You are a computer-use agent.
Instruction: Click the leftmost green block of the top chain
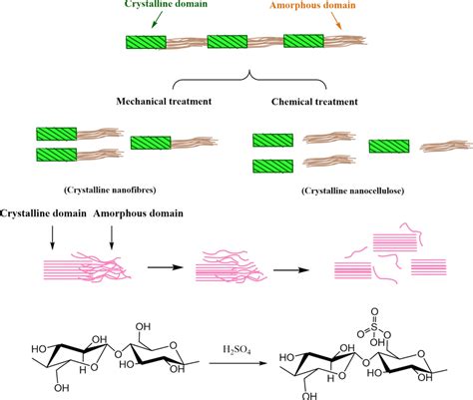[146, 43]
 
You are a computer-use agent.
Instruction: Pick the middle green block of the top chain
[226, 43]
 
